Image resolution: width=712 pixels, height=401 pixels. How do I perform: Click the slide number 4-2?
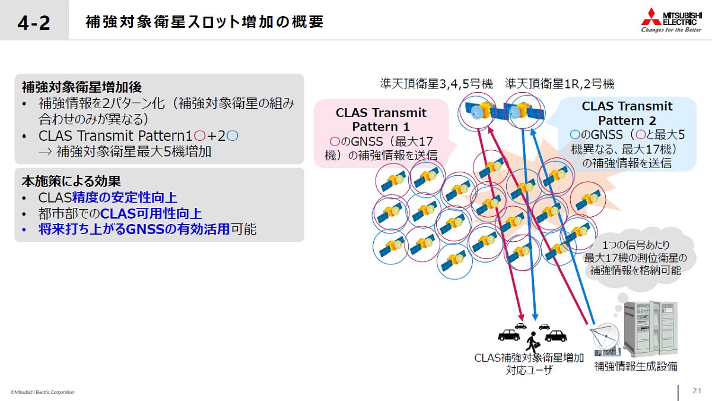[x=34, y=23]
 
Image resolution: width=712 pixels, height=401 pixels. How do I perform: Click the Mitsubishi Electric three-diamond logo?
[x=651, y=17]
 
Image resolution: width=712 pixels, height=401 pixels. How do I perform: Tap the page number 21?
[x=697, y=391]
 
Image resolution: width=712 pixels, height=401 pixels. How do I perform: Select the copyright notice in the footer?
[x=43, y=392]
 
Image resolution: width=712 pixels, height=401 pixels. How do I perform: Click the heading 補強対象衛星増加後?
[x=82, y=87]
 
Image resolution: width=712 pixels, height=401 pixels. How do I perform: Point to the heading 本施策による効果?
[x=71, y=181]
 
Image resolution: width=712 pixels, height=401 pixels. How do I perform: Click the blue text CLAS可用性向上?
[x=151, y=213]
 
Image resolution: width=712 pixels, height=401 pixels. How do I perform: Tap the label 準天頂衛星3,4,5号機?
[x=437, y=84]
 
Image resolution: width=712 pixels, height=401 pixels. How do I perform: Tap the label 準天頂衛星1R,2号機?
[x=560, y=84]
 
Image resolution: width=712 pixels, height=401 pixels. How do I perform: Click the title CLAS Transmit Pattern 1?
[x=381, y=119]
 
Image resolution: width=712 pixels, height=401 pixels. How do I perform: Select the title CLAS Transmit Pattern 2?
[x=627, y=113]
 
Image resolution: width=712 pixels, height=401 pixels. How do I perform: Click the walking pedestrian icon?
[x=532, y=342]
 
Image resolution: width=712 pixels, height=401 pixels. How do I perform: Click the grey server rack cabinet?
[x=650, y=329]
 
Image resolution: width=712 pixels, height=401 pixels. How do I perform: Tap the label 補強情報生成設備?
[x=635, y=367]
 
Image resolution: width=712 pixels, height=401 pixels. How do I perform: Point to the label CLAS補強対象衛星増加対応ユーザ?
[x=529, y=364]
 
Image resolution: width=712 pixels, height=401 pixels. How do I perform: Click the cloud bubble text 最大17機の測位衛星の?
[x=635, y=258]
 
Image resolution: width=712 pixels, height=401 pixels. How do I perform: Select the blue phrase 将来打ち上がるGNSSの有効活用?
[x=134, y=229]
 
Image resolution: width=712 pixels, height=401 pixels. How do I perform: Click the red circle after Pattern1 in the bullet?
[x=199, y=136]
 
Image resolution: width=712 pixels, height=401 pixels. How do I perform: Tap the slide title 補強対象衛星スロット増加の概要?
[x=205, y=22]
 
